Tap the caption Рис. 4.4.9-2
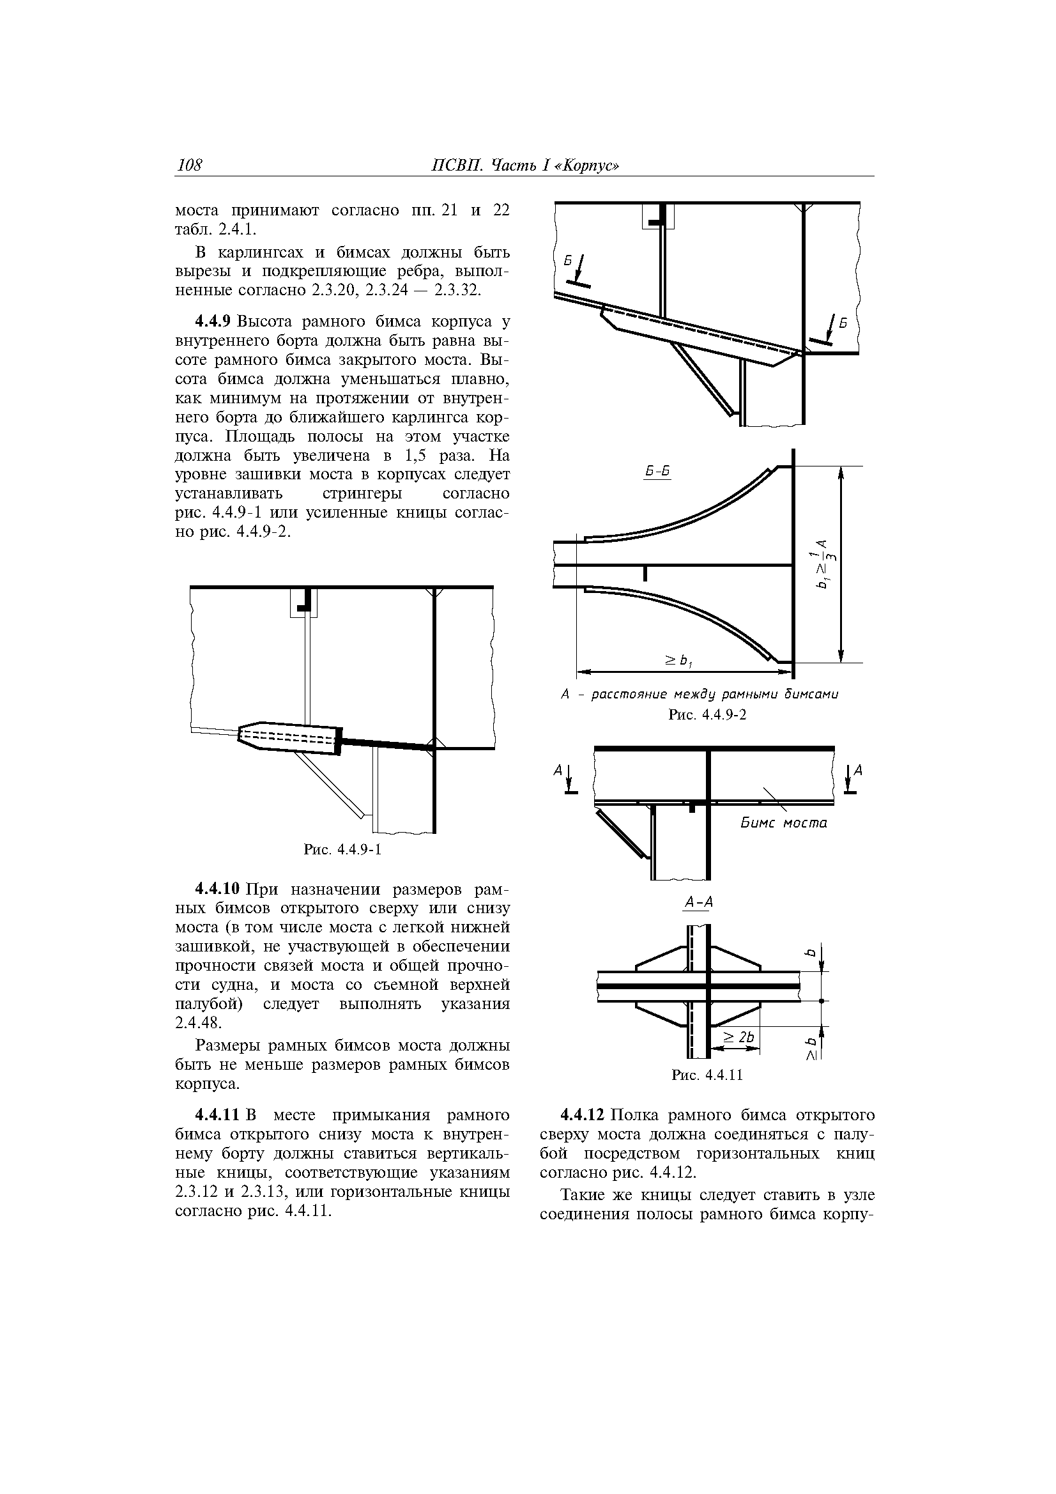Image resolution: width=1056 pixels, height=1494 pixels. (707, 714)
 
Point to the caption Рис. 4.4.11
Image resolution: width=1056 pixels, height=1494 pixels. (707, 1075)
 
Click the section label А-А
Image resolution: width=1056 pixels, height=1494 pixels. (699, 901)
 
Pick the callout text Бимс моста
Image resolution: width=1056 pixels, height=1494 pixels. (783, 823)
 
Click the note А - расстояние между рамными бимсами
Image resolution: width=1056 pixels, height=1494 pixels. (700, 695)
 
